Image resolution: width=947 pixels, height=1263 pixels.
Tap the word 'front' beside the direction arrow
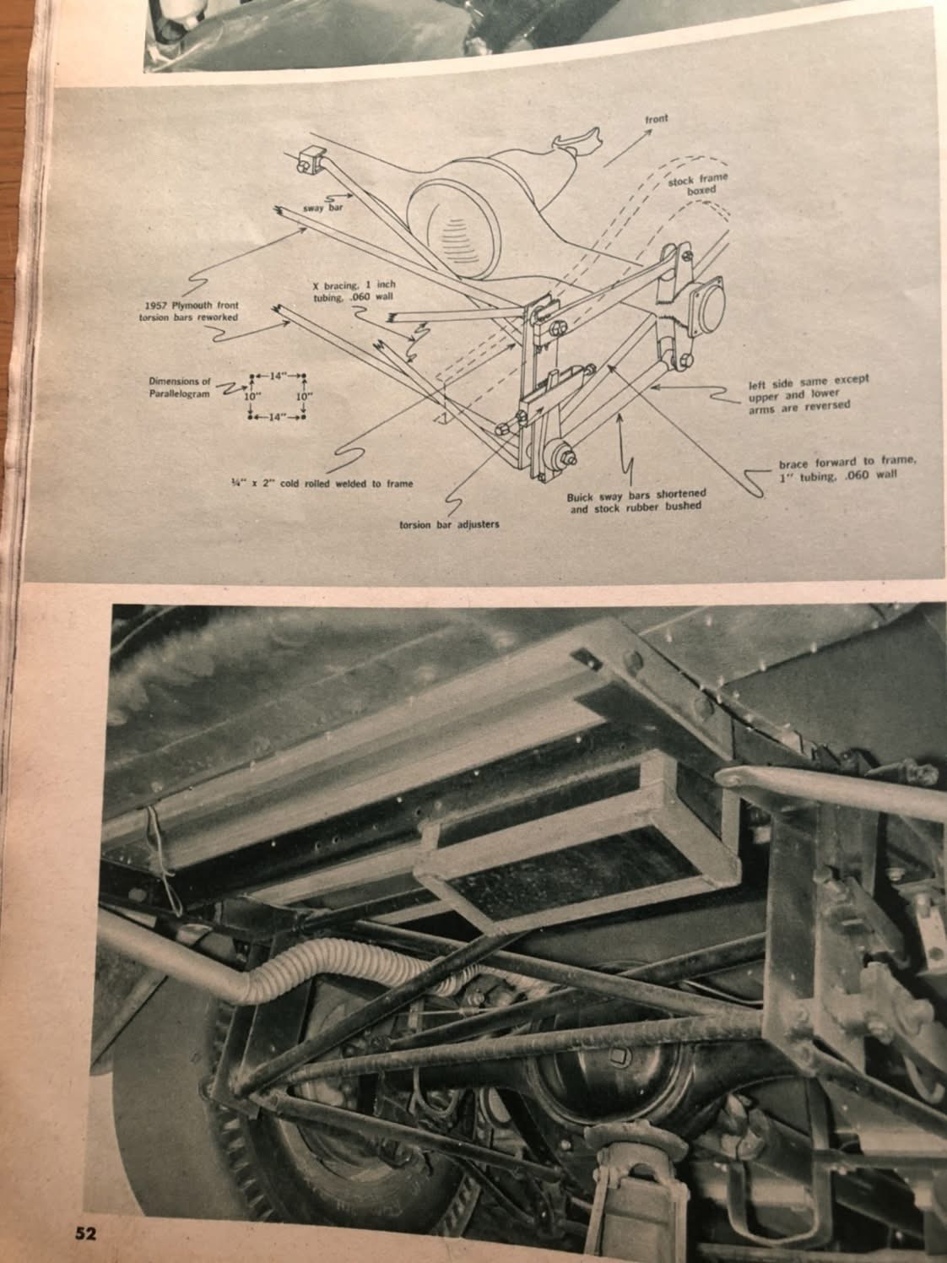click(x=656, y=118)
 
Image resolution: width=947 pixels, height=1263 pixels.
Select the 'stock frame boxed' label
click(x=697, y=184)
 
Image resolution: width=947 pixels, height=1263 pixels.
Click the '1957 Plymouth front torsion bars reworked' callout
click(x=188, y=312)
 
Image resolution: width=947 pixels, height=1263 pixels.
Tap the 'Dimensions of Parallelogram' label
click(x=180, y=388)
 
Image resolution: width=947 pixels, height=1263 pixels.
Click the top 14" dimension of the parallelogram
click(x=278, y=377)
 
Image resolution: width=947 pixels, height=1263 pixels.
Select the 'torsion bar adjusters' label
click(x=449, y=525)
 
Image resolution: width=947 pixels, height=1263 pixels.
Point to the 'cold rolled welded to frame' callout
click(x=321, y=484)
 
